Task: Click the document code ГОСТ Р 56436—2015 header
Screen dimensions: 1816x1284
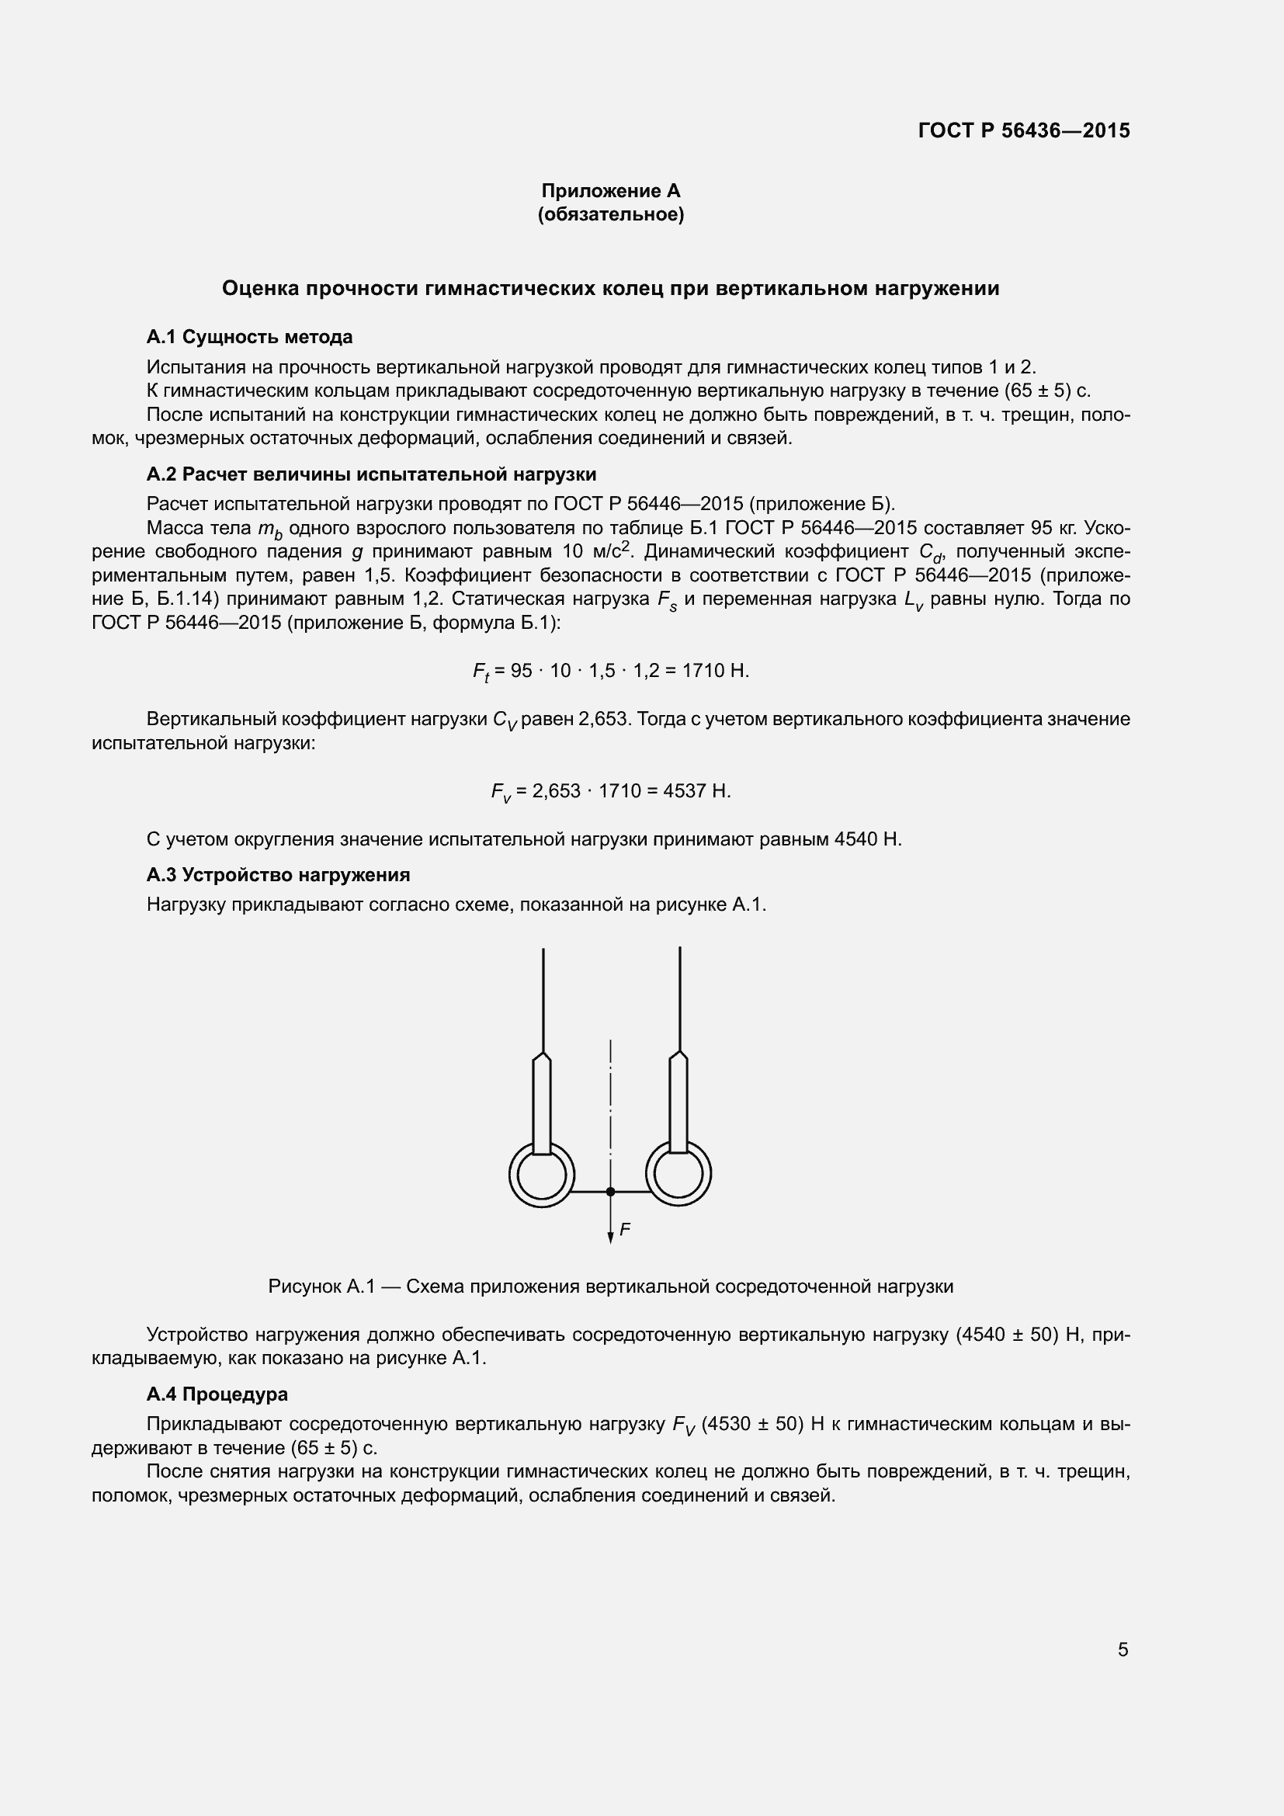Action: point(1024,130)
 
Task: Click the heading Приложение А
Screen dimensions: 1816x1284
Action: point(610,191)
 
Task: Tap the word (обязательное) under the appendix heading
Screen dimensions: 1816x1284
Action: point(610,214)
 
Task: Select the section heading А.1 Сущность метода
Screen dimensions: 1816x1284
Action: point(249,337)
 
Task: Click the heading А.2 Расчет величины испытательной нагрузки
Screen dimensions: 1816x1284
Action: point(371,474)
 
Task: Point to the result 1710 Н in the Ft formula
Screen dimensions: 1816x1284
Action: point(715,671)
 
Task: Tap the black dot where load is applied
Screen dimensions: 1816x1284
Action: point(610,1191)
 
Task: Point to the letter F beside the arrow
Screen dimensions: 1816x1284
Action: point(625,1229)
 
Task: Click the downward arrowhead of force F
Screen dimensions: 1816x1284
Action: point(610,1238)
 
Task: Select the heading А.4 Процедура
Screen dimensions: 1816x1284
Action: point(217,1394)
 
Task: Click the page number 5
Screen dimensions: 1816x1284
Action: point(1123,1650)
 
